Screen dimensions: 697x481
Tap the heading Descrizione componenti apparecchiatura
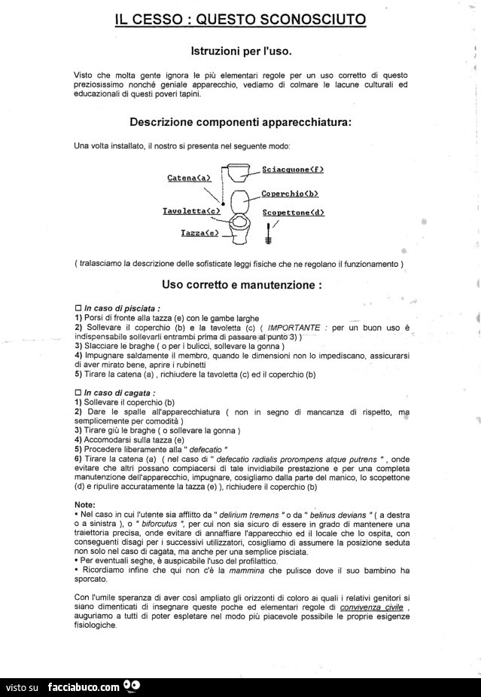point(240,121)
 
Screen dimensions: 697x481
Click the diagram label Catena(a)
point(189,178)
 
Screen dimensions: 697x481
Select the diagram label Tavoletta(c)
point(191,212)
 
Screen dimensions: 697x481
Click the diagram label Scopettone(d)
point(294,212)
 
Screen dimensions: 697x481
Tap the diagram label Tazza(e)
point(200,234)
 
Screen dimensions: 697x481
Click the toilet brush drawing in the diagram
point(268,234)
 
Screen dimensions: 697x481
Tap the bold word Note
point(85,504)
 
